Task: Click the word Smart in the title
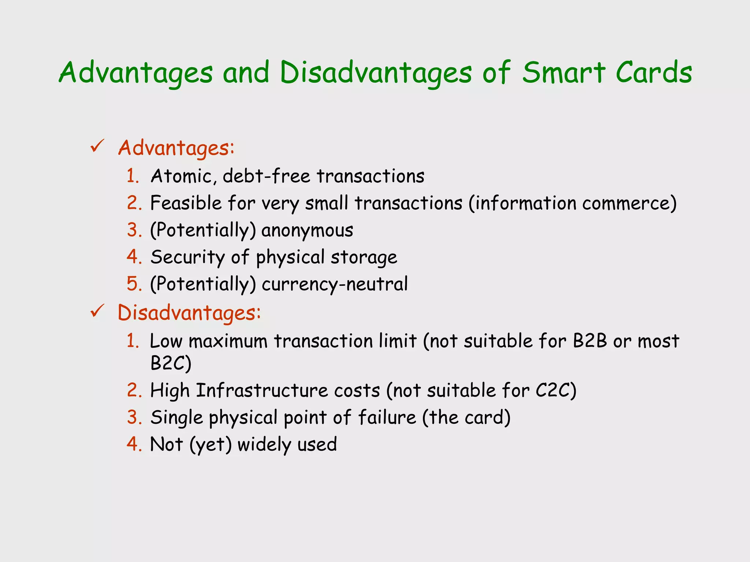coord(563,72)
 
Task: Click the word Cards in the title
coord(654,72)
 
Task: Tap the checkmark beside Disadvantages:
coord(97,311)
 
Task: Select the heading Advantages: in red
coord(176,149)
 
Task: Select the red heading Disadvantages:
coord(189,313)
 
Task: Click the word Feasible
coord(186,203)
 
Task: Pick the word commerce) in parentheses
coord(629,203)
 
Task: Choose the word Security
coord(187,257)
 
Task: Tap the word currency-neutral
coord(334,284)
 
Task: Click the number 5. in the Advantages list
coord(134,284)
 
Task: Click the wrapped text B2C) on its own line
coord(171,363)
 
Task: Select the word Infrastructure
coord(262,390)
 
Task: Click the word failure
coord(387,417)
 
